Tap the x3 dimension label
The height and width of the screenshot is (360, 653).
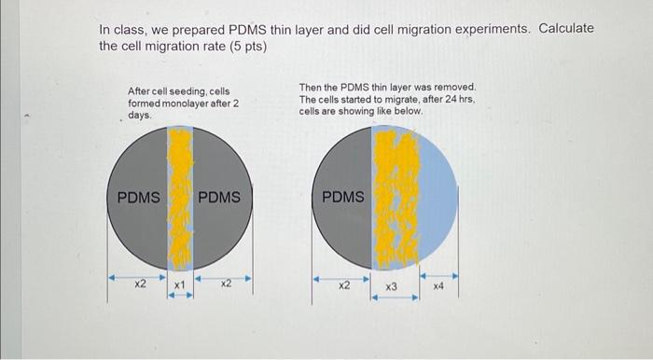click(x=392, y=288)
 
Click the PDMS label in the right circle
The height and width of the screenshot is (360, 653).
click(x=343, y=198)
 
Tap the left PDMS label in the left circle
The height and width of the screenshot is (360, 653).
click(x=138, y=198)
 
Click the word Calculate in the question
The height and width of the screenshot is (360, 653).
click(x=563, y=28)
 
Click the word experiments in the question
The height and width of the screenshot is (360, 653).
click(x=486, y=28)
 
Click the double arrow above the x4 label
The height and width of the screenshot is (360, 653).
click(x=438, y=277)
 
